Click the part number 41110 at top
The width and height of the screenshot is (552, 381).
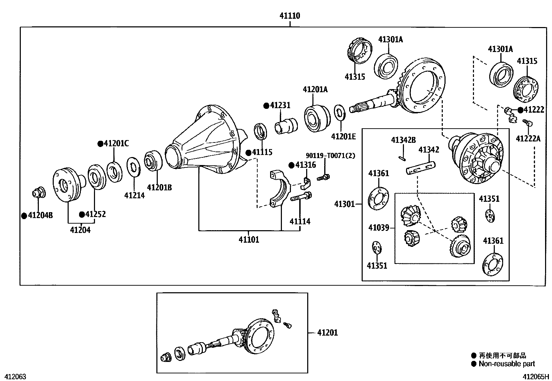(x=290, y=16)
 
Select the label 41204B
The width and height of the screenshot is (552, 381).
(x=40, y=216)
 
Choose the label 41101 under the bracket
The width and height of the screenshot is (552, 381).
(x=249, y=240)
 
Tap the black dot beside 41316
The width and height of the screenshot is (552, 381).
(x=291, y=165)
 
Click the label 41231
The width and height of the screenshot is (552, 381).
(x=280, y=105)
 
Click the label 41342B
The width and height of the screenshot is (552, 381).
(x=403, y=140)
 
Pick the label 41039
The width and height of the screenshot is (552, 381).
(x=379, y=228)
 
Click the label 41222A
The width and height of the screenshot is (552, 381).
(x=528, y=139)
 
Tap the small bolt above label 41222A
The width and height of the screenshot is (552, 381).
(x=528, y=122)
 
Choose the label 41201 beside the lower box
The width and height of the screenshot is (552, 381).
(x=327, y=333)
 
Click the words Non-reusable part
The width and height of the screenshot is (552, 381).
(x=507, y=364)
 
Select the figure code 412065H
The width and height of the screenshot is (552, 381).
(x=536, y=377)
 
